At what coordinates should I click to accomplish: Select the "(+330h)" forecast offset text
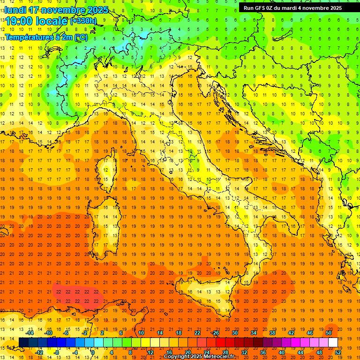coord(83,21)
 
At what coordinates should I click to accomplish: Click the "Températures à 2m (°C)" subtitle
coord(46,37)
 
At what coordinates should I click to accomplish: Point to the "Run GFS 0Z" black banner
coord(292,7)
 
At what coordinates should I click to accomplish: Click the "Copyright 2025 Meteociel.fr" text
coord(199,357)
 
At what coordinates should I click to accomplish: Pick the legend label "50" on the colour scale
coord(328,333)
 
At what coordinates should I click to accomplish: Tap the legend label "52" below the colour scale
coord(337,352)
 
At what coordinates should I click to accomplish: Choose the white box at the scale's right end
coord(333,342)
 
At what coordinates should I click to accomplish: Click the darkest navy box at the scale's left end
coord(23,342)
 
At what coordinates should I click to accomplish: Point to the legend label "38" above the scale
coord(272,333)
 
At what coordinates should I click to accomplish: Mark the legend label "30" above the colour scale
coord(234,333)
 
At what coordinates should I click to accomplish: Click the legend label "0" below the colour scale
coord(93,352)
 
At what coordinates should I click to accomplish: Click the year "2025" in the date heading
coord(97,9)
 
